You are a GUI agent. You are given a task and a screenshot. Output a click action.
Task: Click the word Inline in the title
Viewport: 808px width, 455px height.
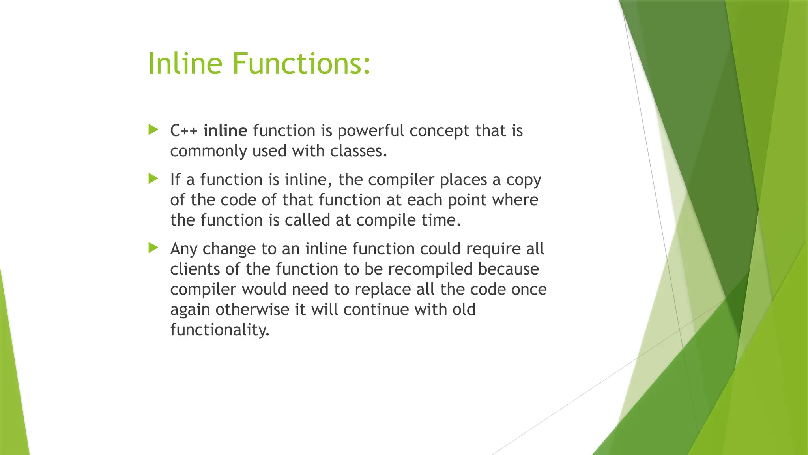pyautogui.click(x=185, y=64)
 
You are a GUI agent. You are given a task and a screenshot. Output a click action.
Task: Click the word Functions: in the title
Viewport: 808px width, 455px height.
pyautogui.click(x=301, y=64)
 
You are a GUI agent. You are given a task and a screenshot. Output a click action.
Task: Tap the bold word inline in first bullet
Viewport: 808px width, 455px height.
pyautogui.click(x=225, y=131)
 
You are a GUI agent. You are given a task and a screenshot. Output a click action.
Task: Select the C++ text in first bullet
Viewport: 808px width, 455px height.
pyautogui.click(x=184, y=131)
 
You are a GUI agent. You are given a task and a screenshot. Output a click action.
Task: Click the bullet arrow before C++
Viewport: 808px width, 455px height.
pyautogui.click(x=153, y=130)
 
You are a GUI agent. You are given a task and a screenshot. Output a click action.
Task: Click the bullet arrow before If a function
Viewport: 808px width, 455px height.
pyautogui.click(x=153, y=179)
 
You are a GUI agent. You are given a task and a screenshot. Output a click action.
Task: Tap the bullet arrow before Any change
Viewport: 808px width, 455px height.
pyautogui.click(x=153, y=248)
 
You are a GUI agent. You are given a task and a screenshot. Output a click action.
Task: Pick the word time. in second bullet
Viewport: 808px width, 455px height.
pyautogui.click(x=441, y=220)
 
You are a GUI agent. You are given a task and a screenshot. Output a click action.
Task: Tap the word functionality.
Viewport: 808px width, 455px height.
pyautogui.click(x=220, y=330)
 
